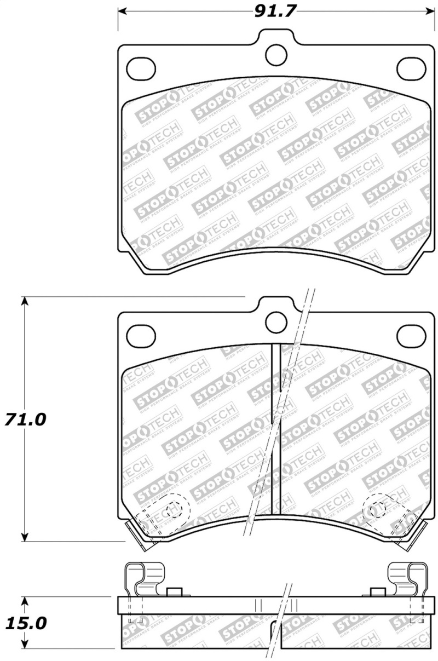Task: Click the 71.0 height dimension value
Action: (26, 420)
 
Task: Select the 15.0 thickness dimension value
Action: (26, 623)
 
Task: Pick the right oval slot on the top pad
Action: (411, 67)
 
